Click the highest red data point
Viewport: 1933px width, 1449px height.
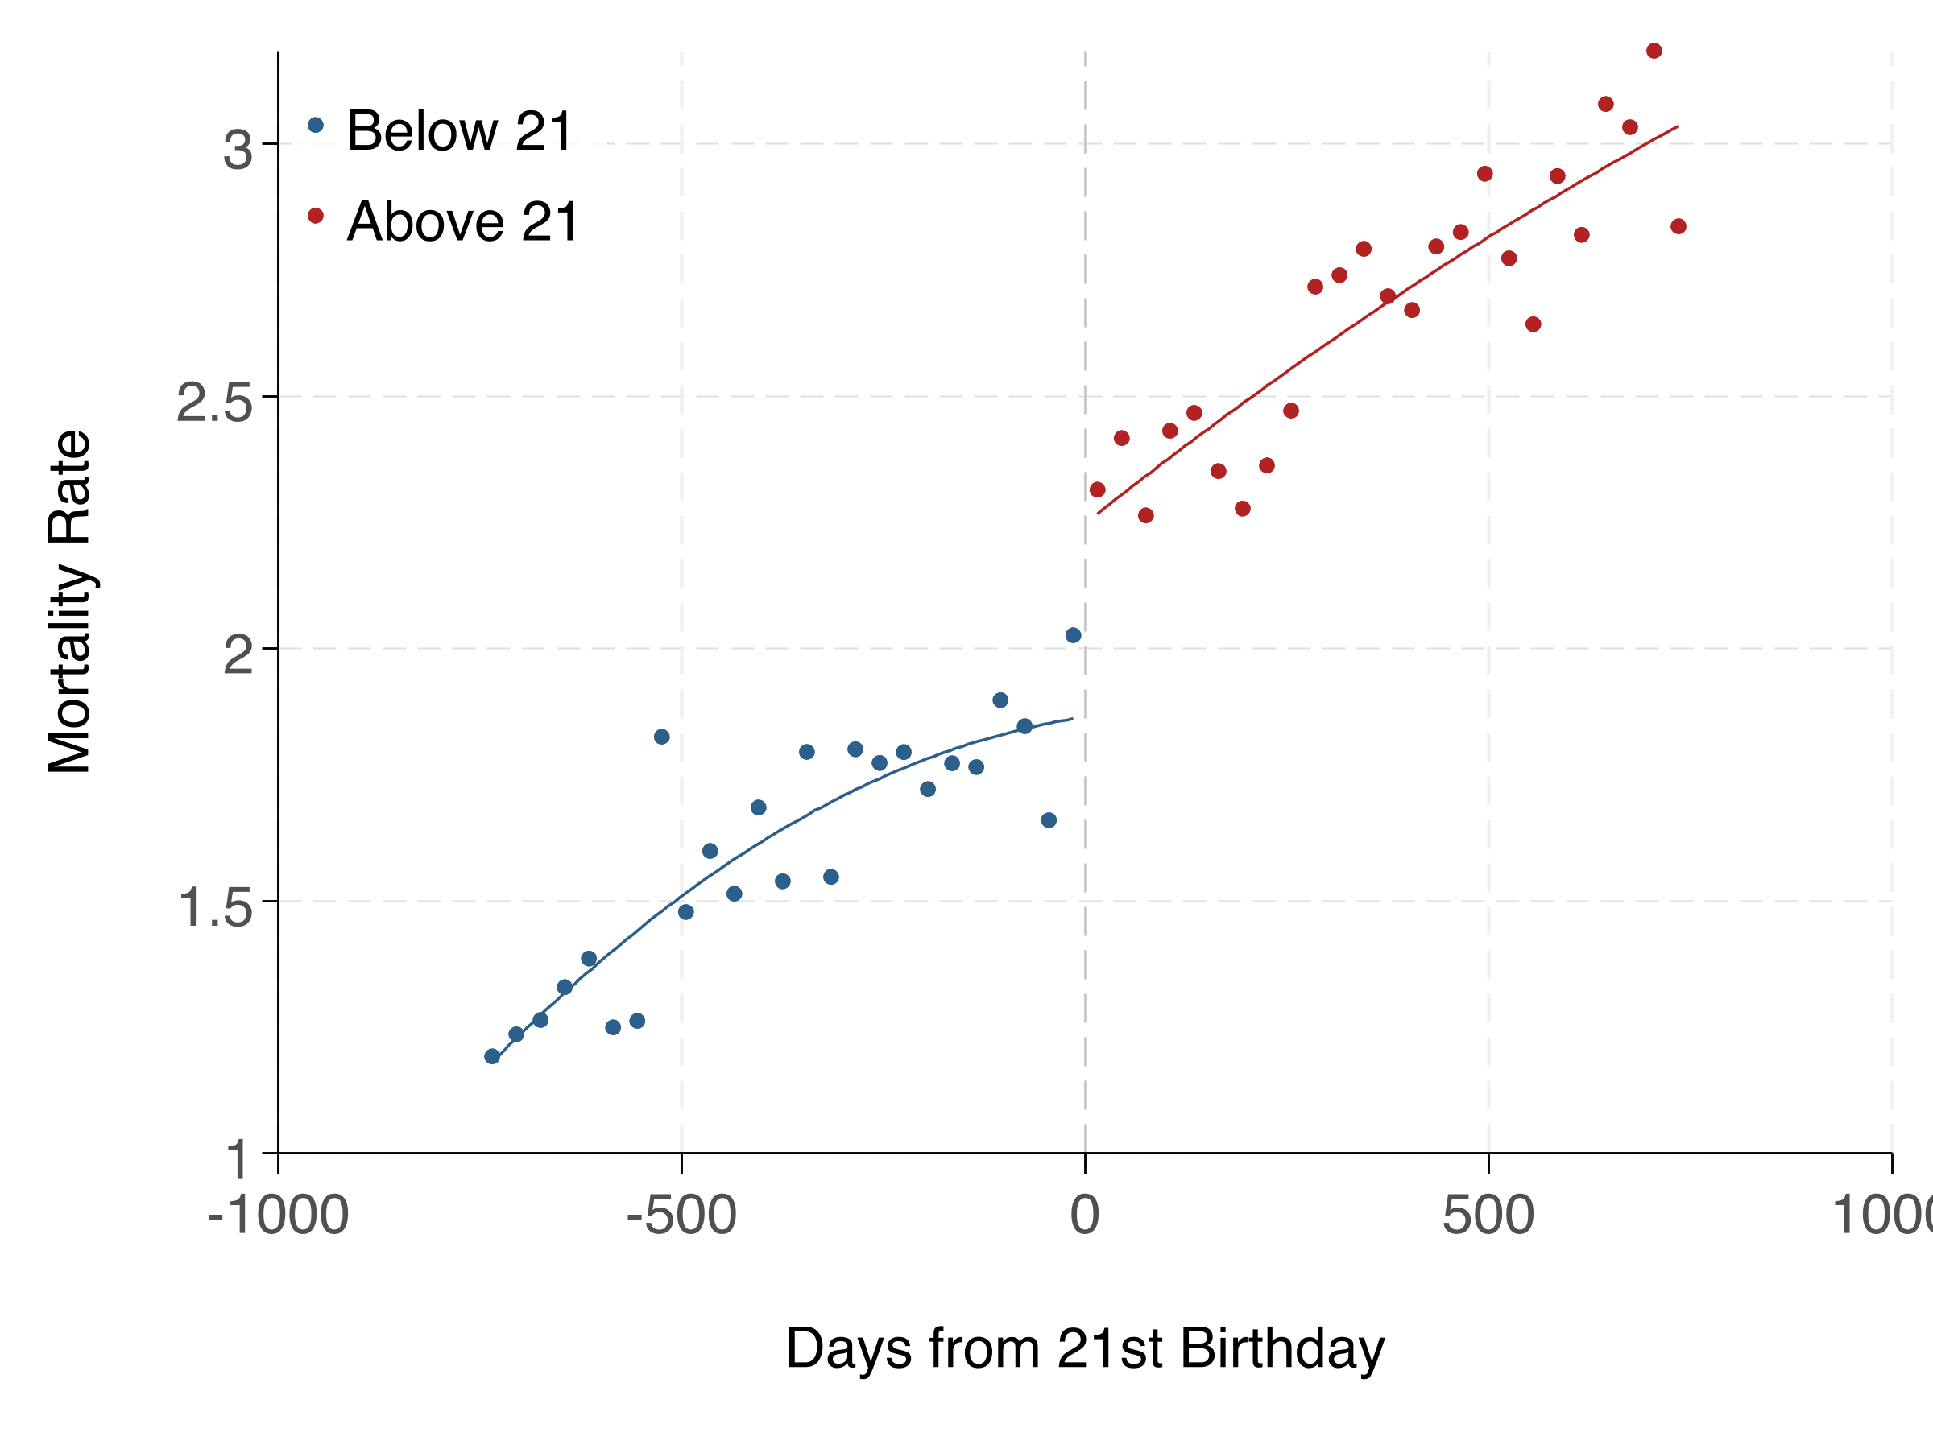click(x=1654, y=51)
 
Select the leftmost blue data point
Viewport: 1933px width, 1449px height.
click(x=492, y=1056)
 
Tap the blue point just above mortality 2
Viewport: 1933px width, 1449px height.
click(x=1073, y=635)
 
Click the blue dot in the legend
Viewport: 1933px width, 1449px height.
click(x=316, y=125)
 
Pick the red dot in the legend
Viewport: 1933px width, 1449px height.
click(x=316, y=215)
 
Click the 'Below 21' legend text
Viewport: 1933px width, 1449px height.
click(x=459, y=131)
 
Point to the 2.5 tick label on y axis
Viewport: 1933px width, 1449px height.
click(x=214, y=402)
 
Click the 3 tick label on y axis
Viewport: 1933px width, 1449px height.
click(x=237, y=151)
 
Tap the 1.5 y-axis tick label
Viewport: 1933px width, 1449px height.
click(x=214, y=907)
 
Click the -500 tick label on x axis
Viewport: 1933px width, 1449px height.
click(x=681, y=1215)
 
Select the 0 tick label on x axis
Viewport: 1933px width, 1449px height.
click(x=1084, y=1215)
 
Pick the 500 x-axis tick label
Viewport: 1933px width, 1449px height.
click(x=1488, y=1215)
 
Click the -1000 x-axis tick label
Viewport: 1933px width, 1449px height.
click(x=278, y=1215)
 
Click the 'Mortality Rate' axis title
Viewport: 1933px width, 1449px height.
click(x=69, y=602)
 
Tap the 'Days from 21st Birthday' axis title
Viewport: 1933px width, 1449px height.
click(x=1084, y=1348)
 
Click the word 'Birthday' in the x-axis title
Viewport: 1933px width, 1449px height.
click(x=1282, y=1348)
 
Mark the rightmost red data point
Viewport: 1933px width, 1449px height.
click(x=1678, y=226)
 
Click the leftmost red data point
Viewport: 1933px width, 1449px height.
click(x=1098, y=489)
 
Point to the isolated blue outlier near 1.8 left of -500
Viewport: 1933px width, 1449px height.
click(x=661, y=737)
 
